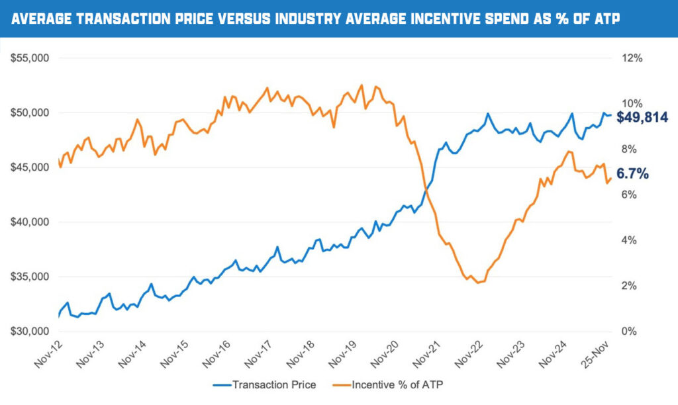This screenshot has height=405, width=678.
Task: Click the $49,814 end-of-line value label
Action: pos(642,118)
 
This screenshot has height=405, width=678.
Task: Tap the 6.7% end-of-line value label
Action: pos(632,174)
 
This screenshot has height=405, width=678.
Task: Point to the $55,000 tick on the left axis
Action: pos(31,58)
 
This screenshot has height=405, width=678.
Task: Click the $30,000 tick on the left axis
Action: pos(31,332)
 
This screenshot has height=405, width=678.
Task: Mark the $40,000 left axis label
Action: pos(31,222)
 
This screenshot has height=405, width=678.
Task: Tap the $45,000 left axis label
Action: pos(31,167)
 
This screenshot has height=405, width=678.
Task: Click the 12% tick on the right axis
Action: pos(633,58)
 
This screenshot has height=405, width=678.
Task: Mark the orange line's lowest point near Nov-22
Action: pos(477,283)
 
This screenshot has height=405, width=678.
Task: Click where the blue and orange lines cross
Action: pos(425,191)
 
